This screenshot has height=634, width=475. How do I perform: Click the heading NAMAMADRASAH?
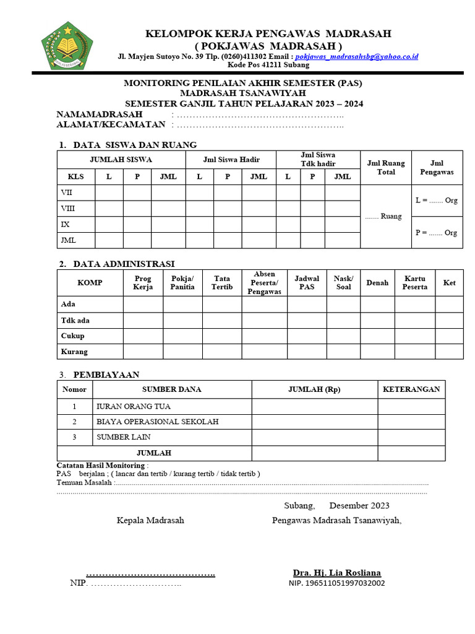pos(100,114)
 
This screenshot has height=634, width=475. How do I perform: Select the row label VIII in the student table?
pos(67,208)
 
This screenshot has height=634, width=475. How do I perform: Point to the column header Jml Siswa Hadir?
pos(231,159)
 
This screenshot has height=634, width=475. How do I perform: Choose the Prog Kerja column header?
pos(143,283)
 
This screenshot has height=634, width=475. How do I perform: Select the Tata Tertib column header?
pos(222,283)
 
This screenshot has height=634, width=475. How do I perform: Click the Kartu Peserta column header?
pos(414,283)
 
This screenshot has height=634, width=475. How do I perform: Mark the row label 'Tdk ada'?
pos(74,320)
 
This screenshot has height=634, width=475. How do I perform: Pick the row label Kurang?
pos(74,352)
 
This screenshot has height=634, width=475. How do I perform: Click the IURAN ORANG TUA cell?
pos(134,407)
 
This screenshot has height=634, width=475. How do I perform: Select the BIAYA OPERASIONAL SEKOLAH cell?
pos(157,422)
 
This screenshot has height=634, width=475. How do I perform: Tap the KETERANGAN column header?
pos(411,389)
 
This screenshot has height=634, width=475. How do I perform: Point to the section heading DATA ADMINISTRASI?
pos(124,264)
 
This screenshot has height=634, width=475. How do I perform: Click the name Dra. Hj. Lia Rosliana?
pos(336,573)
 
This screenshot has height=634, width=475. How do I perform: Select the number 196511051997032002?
pos(336,583)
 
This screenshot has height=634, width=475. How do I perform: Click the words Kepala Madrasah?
pos(150,520)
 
